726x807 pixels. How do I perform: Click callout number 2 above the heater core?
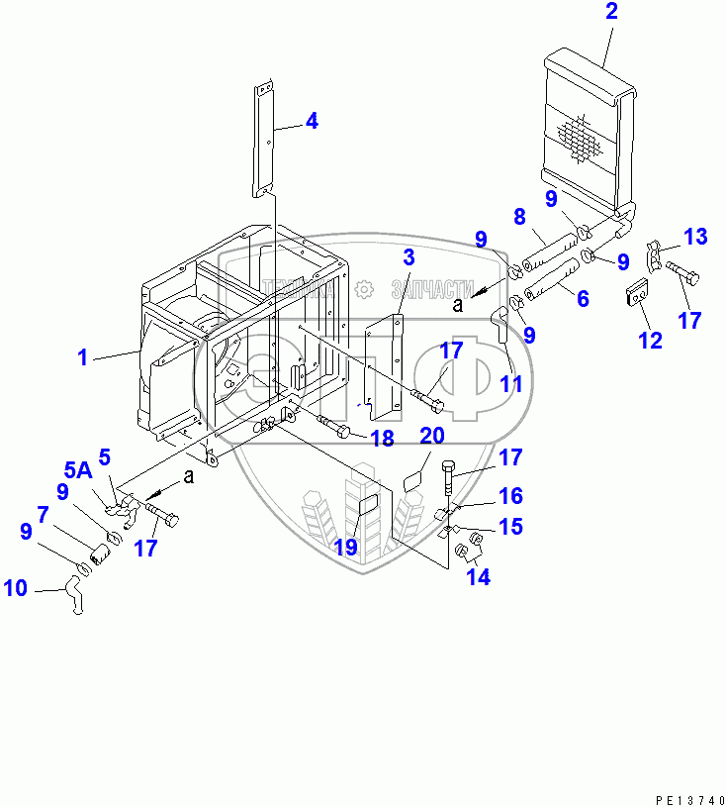[610, 13]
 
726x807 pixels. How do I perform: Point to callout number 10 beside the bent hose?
[15, 590]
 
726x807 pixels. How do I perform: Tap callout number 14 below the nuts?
[479, 577]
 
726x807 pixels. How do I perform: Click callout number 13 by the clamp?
[696, 237]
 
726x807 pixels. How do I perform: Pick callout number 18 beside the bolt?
[382, 439]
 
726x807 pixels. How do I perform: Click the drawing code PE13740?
[681, 797]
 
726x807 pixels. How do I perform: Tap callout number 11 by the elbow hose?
[510, 384]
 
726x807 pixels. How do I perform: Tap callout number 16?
[510, 496]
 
